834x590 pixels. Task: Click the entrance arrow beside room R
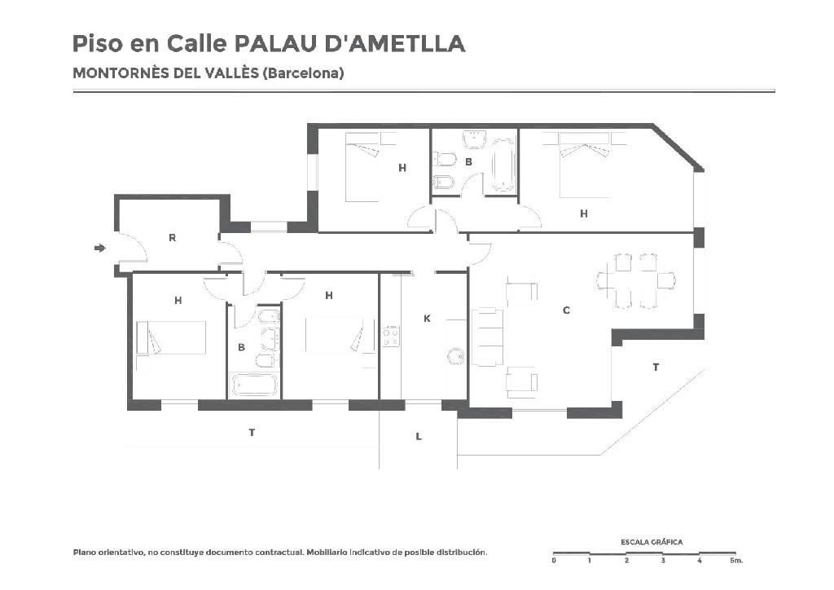[99, 248]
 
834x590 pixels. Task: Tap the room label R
[172, 238]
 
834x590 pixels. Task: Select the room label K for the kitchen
[427, 319]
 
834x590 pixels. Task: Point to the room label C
[566, 310]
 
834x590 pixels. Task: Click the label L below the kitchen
[419, 437]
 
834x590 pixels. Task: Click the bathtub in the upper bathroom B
[503, 165]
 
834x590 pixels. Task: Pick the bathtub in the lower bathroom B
[254, 385]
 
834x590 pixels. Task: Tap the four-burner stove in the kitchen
[391, 337]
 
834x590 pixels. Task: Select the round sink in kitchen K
[455, 356]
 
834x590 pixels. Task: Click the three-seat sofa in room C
[487, 337]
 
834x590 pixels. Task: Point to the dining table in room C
[637, 280]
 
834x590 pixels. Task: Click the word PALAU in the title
[275, 44]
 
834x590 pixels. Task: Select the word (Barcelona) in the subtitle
[303, 73]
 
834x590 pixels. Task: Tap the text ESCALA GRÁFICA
[652, 542]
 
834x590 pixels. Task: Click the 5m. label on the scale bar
[736, 560]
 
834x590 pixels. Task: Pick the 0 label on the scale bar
[554, 560]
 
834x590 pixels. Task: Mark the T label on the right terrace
[656, 367]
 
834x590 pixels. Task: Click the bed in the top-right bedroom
[584, 165]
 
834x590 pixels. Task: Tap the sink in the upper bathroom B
[475, 140]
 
